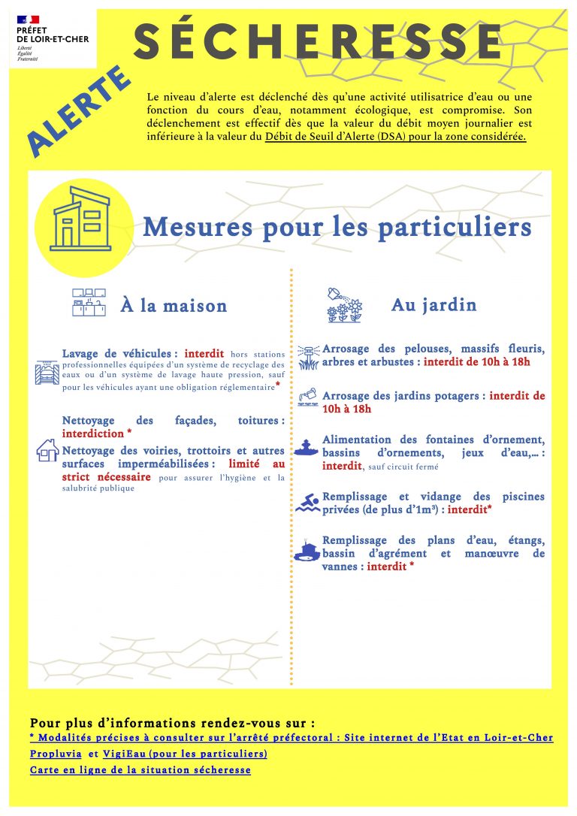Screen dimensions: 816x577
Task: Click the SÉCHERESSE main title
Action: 318,42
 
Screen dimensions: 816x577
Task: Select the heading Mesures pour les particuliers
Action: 337,226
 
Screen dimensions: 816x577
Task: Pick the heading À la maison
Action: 174,306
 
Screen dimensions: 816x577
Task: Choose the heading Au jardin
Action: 434,304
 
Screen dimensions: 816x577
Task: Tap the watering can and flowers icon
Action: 344,305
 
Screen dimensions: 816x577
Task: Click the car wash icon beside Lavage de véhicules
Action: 47,372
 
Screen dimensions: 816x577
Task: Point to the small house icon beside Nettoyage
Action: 47,450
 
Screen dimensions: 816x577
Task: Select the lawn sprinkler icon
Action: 308,357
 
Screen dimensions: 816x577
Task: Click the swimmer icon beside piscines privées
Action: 307,503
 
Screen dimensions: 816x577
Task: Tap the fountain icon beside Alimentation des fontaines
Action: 307,446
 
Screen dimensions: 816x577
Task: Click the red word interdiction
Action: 92,434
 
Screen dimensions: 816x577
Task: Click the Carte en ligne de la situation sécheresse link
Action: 140,770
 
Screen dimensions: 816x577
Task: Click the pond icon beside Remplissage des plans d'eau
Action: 307,551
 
